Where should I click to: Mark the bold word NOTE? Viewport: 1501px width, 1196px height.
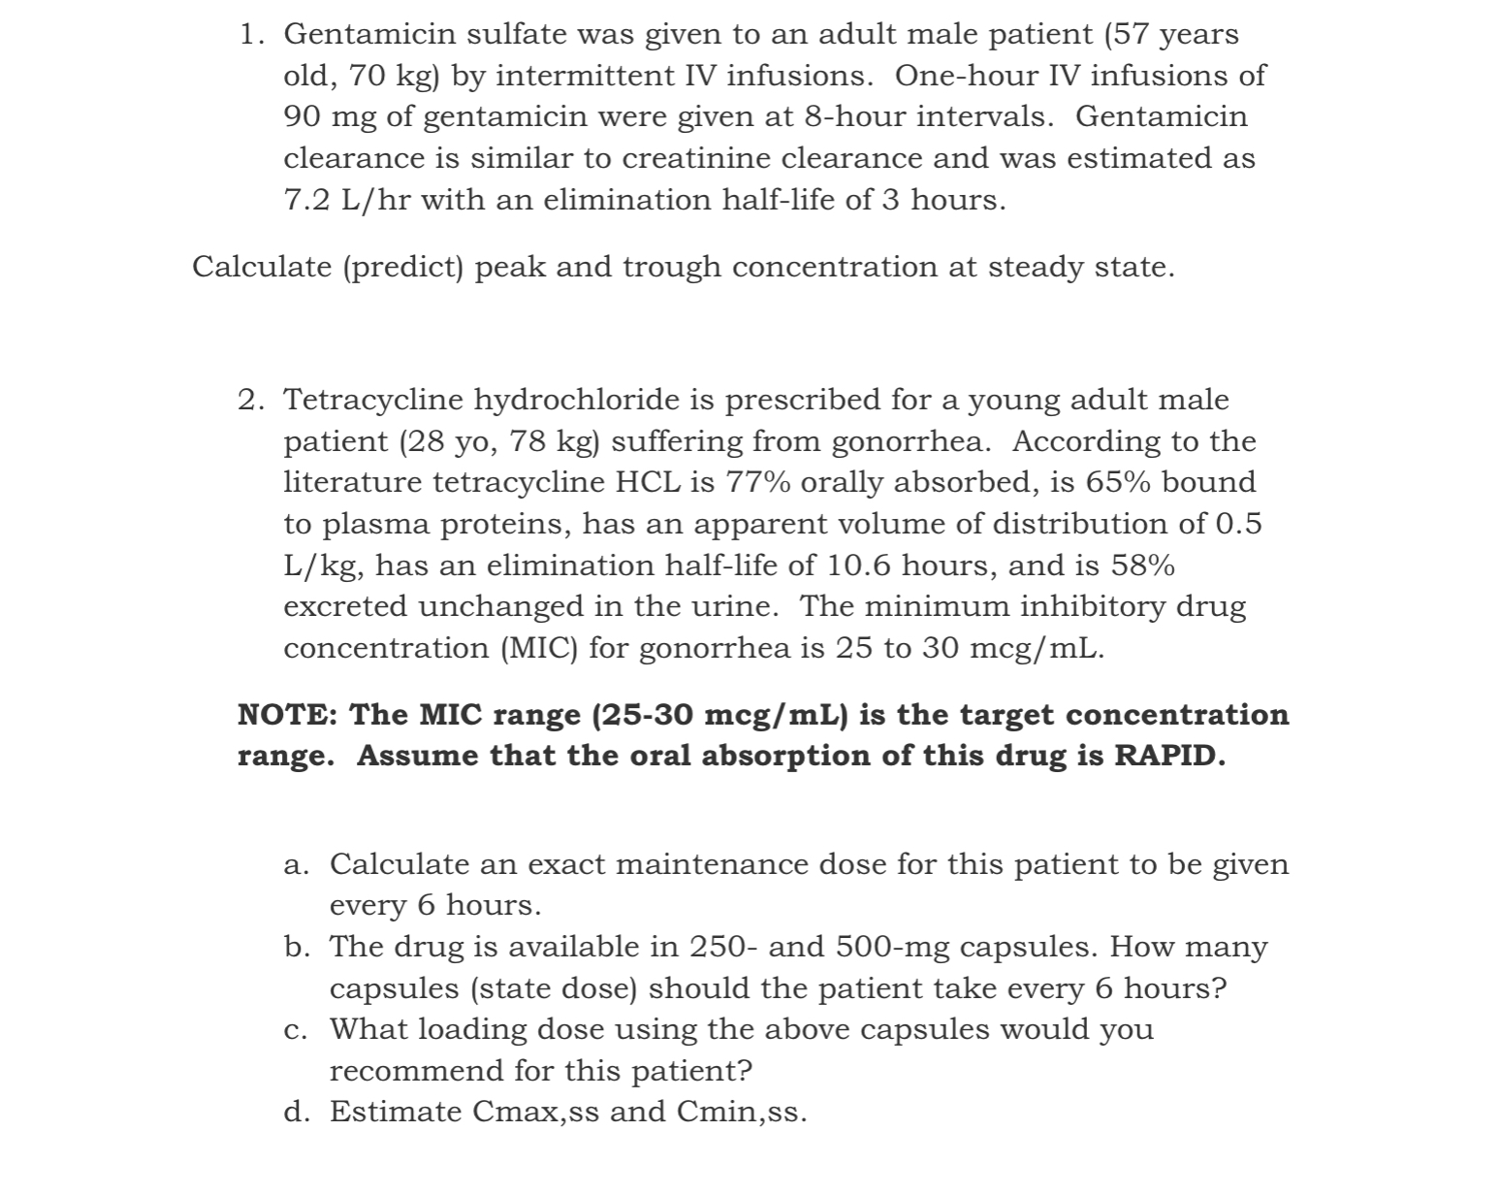pyautogui.click(x=288, y=715)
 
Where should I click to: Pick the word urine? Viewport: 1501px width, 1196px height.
pyautogui.click(x=734, y=606)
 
